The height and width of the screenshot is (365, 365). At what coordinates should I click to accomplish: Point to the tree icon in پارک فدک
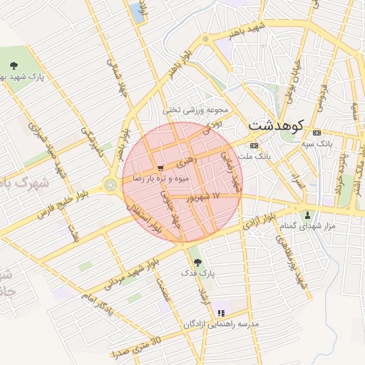(x=197, y=262)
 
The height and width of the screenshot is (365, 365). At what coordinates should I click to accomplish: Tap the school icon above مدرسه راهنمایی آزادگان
(x=220, y=312)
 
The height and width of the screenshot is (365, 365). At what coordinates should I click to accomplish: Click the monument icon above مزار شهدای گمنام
(x=308, y=215)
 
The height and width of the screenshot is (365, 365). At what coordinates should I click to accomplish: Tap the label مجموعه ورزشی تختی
(x=195, y=110)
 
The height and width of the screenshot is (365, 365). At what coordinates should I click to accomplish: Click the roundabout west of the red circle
(x=111, y=185)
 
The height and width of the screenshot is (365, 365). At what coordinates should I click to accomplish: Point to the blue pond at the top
(x=135, y=12)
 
